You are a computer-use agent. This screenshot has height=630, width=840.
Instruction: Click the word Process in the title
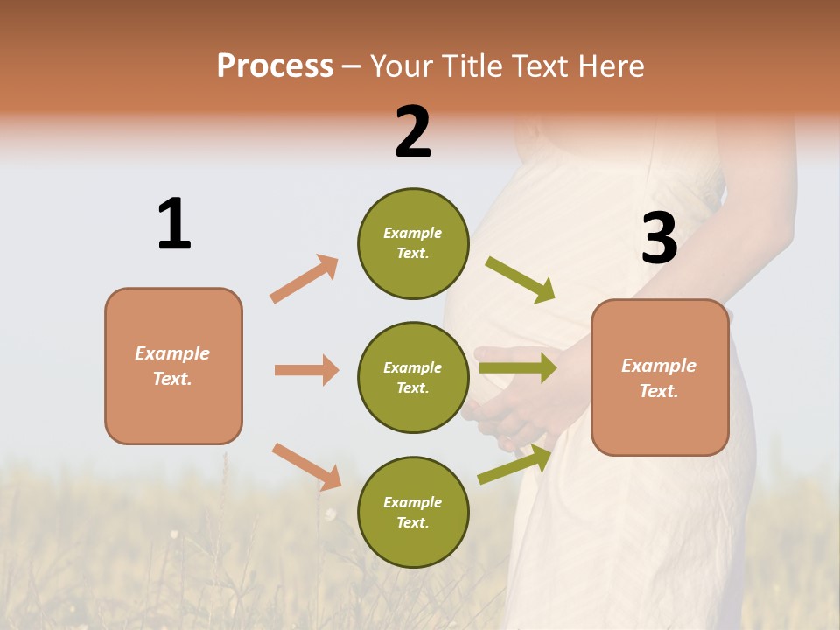[275, 66]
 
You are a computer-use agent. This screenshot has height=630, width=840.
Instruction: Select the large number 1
[173, 224]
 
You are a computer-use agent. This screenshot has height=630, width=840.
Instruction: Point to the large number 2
[413, 132]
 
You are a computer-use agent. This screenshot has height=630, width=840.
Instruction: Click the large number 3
[659, 238]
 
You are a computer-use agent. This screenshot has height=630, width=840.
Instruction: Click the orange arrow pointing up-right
[304, 278]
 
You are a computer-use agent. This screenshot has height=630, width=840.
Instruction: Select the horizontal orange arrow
[306, 370]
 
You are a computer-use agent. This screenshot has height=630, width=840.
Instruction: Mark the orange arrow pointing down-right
[306, 466]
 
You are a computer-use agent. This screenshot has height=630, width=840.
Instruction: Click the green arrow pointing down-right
[521, 280]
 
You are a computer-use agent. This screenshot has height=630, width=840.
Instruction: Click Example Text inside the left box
[172, 366]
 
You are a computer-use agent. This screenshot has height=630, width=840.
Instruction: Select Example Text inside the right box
[659, 378]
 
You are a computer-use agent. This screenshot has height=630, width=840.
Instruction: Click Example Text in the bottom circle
[412, 512]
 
